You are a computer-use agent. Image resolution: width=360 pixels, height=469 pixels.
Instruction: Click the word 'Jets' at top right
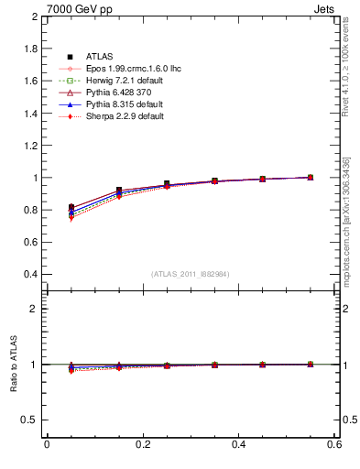pos(324,8)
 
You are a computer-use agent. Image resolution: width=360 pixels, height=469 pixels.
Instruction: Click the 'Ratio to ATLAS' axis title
pos(12,365)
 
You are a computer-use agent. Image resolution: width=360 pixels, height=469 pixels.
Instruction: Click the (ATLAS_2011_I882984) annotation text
pos(191,274)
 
